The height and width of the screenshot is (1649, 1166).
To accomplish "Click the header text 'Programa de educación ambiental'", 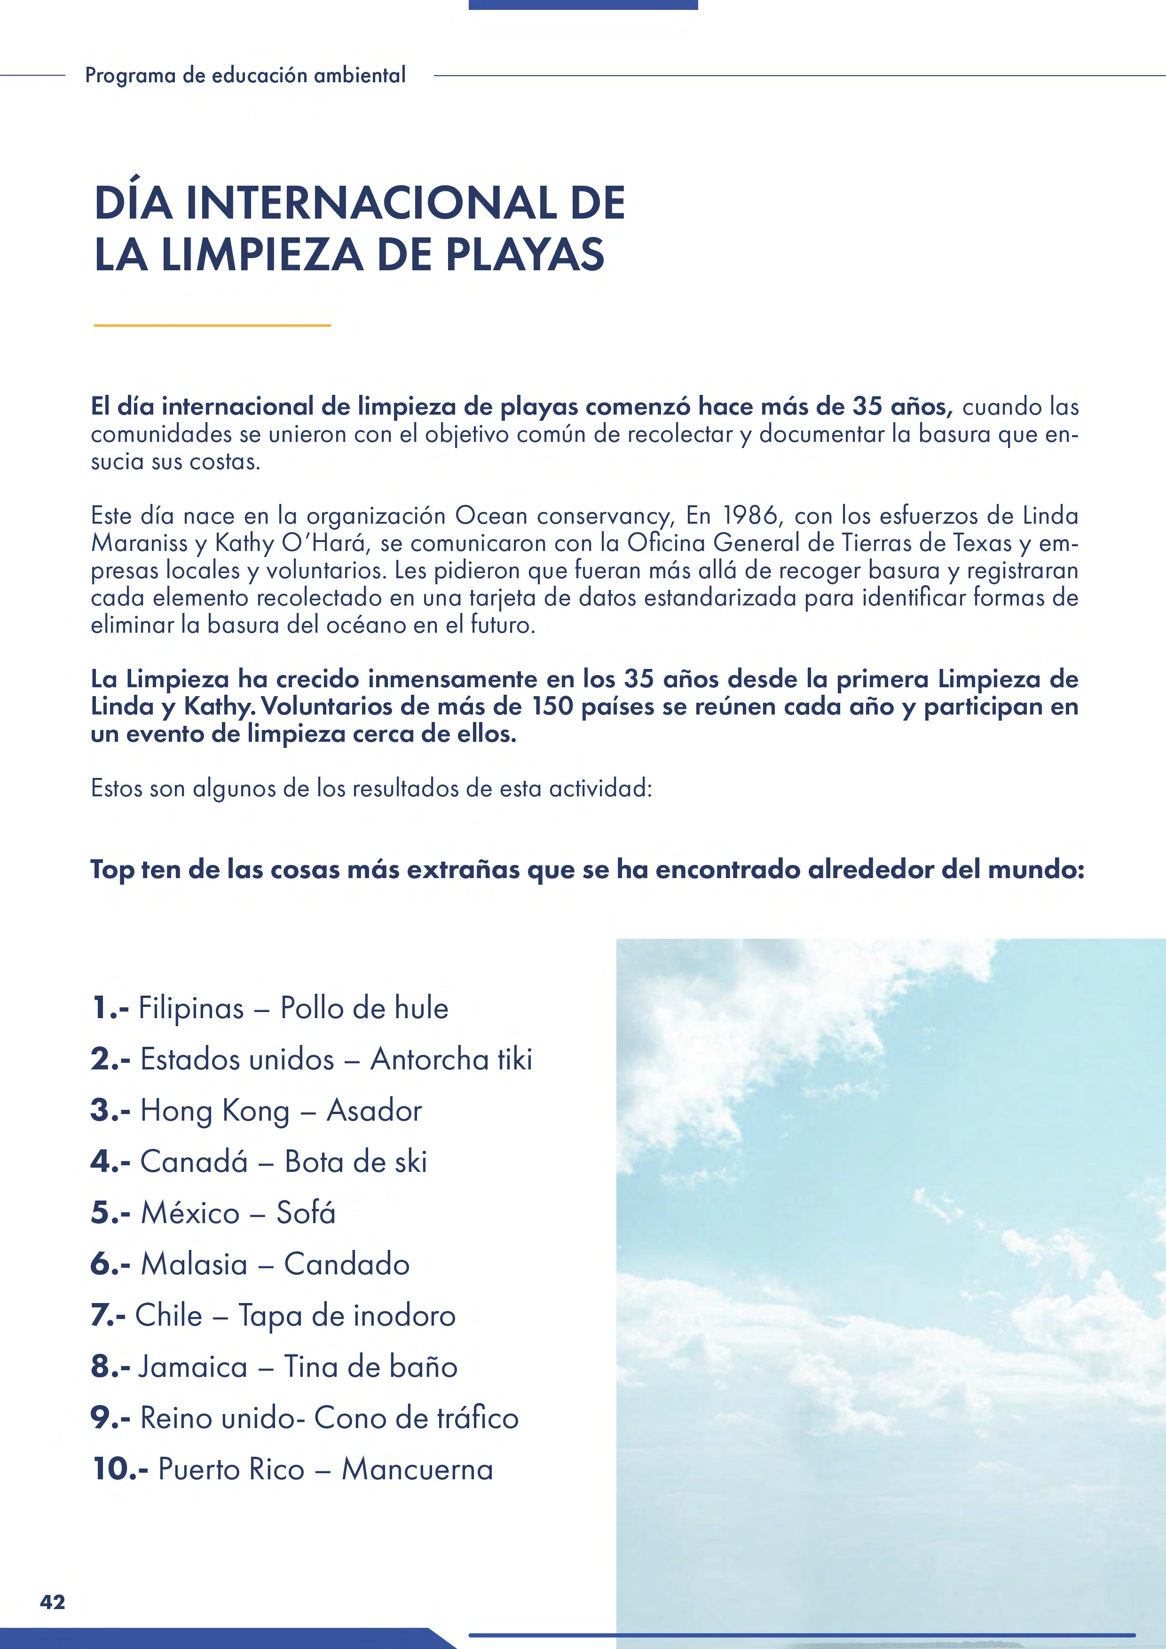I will pos(245,75).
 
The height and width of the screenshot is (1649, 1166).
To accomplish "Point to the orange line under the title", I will pos(212,325).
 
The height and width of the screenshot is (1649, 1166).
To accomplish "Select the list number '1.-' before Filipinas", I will pos(110,1008).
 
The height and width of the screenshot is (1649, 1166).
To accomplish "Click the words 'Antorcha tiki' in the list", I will pos(451,1060).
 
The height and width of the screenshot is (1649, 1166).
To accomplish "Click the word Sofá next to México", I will pos(306,1213).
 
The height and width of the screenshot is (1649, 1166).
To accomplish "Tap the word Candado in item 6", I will pos(347,1264).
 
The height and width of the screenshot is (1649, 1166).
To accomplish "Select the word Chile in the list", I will pos(169,1315).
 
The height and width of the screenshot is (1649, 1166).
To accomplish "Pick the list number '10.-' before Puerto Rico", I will pos(120,1469).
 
